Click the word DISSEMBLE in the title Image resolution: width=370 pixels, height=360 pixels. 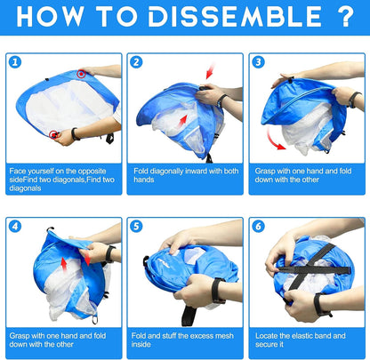pyautogui.click(x=236, y=16)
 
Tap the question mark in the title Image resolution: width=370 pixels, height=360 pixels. pyautogui.click(x=345, y=16)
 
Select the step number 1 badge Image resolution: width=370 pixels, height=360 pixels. pyautogui.click(x=15, y=62)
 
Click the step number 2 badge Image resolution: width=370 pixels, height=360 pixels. pyautogui.click(x=136, y=62)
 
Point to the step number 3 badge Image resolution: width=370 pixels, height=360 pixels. pyautogui.click(x=258, y=62)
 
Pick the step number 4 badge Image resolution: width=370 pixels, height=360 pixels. pyautogui.click(x=15, y=227)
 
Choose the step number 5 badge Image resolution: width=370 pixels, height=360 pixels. pyautogui.click(x=136, y=227)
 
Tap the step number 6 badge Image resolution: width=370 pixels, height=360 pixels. pyautogui.click(x=258, y=227)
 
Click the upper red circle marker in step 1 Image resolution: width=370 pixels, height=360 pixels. pyautogui.click(x=81, y=74)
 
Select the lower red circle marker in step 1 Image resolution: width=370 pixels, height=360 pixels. pyautogui.click(x=53, y=135)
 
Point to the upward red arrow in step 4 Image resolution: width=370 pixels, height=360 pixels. pyautogui.click(x=63, y=264)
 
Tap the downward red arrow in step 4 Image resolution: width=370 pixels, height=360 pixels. pyautogui.click(x=87, y=258)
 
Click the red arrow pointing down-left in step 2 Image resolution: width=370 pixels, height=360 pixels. pyautogui.click(x=210, y=70)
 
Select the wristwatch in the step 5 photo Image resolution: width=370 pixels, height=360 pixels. pyautogui.click(x=218, y=291)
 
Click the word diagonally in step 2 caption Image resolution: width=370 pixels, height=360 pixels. pyautogui.click(x=166, y=172)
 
